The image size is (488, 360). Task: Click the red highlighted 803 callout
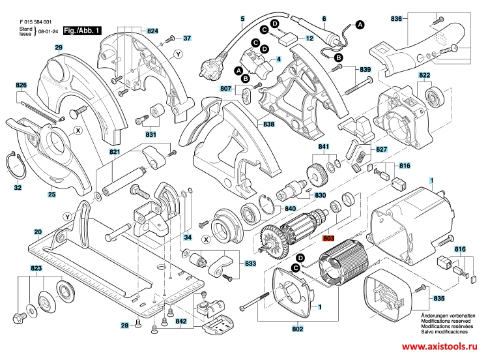[328, 238]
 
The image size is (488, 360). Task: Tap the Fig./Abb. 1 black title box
[82, 31]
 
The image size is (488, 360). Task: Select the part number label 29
[59, 48]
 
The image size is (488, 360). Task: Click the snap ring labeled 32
[16, 165]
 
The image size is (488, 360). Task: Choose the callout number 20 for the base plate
[38, 232]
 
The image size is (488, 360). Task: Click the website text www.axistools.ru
[439, 346]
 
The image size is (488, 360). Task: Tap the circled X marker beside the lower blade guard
[78, 130]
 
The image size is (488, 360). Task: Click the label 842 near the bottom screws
[181, 322]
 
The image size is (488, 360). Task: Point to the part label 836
[396, 19]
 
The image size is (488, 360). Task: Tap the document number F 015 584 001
[35, 22]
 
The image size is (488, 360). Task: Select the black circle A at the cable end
[360, 25]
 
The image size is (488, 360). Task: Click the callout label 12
[309, 38]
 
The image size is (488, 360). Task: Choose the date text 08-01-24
[48, 31]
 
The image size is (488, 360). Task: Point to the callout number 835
[439, 298]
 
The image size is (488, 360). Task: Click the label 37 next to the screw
[187, 38]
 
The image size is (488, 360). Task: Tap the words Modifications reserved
[446, 321]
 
